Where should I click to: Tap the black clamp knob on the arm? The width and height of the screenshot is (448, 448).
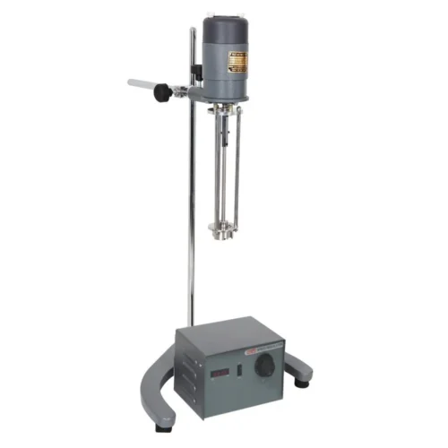[x=162, y=91]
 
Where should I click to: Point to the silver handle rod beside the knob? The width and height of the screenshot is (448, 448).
[x=142, y=85]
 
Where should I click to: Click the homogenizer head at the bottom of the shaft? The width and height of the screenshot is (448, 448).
[x=218, y=231]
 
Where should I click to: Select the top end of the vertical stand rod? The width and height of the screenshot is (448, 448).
[x=192, y=31]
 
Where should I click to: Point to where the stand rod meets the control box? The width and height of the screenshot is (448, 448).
[x=191, y=324]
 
